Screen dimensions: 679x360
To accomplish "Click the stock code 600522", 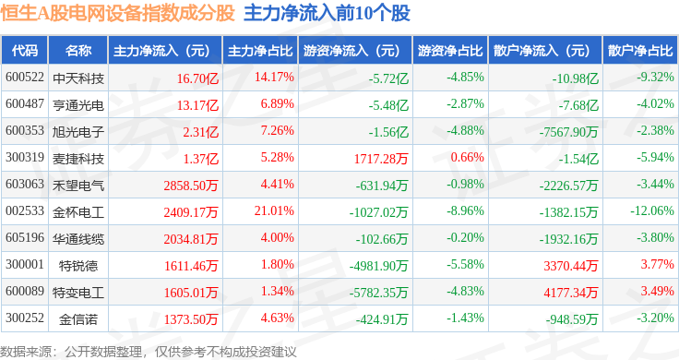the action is pos(25,78).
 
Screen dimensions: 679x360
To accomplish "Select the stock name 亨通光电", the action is pos(78,105).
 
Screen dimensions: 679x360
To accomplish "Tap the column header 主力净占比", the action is pos(260,51).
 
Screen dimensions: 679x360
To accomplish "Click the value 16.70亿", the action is pos(197,78).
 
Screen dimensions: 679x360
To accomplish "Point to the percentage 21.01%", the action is pos(274,211).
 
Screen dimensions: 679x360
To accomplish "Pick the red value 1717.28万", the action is pos(381,159).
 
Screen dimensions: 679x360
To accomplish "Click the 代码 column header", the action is pos(25,51).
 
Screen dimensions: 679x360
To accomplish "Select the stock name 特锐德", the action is pos(78,266).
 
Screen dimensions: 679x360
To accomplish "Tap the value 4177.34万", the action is pos(571,293).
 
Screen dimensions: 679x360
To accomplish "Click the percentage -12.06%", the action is pos(652,211).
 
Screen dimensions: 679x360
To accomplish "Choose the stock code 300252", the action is pos(25,318).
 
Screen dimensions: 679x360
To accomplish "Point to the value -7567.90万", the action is pos(568,132).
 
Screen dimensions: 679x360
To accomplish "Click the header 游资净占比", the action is pos(450,51).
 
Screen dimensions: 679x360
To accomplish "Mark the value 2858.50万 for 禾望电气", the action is pos(191,186).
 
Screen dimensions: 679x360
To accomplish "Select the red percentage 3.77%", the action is pos(658,264).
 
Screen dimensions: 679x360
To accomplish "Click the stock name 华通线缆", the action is pos(78,239).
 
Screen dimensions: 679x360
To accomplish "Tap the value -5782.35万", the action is pos(379,293).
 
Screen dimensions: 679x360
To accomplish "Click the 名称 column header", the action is pos(78,51).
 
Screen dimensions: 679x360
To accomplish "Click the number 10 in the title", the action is pos(363,13).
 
